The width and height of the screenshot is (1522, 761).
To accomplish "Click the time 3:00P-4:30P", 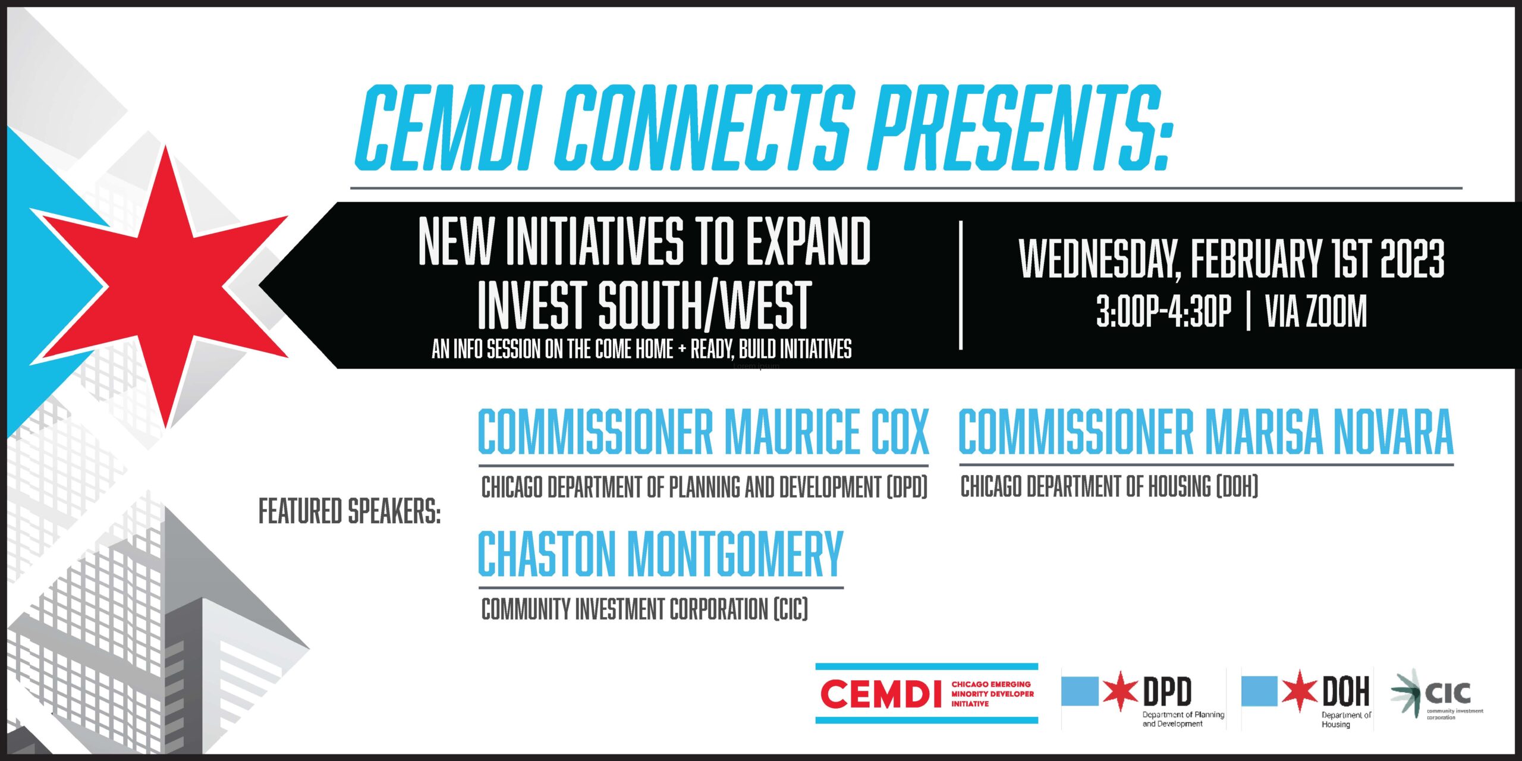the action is coord(1163,311).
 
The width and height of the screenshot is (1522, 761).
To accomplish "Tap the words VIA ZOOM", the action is coord(1316,311).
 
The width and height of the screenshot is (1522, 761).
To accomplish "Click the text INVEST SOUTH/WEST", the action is coord(644,306).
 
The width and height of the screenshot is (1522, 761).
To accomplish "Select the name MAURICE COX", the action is coord(826,431).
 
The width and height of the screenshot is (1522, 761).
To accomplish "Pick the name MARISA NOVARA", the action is coord(1329,431).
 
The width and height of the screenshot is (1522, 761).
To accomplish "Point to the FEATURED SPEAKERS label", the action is coord(350,511).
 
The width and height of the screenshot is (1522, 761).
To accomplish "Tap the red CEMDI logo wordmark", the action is coord(881,694).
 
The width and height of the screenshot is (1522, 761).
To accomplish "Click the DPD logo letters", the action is coord(1167,691).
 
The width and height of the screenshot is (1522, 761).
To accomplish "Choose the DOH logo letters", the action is coord(1346,691).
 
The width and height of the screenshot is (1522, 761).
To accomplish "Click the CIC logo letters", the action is coord(1448,693).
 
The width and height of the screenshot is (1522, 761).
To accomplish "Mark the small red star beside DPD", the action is coord(1120,691).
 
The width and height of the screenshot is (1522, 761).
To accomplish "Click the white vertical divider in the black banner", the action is coord(961,285).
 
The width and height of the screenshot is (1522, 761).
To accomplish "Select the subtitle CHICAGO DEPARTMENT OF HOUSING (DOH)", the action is coord(1109,487).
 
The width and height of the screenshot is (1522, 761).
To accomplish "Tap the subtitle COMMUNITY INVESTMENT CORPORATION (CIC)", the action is coord(644,609).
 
